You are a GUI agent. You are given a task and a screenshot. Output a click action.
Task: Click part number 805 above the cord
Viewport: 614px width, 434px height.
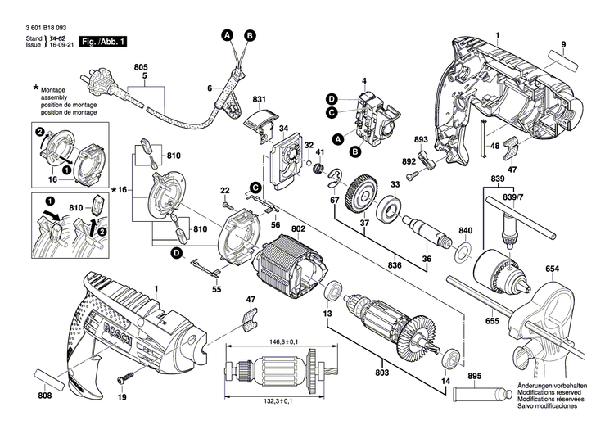click(x=141, y=66)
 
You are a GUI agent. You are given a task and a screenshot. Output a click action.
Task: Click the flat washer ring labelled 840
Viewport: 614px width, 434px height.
click(x=463, y=251)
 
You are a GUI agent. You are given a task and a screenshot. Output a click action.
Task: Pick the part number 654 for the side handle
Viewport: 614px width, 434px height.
click(x=553, y=269)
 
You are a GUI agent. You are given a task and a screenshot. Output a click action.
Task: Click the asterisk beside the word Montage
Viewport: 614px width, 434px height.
click(x=35, y=88)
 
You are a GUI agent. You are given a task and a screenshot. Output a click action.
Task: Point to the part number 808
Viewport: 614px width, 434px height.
click(x=45, y=396)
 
